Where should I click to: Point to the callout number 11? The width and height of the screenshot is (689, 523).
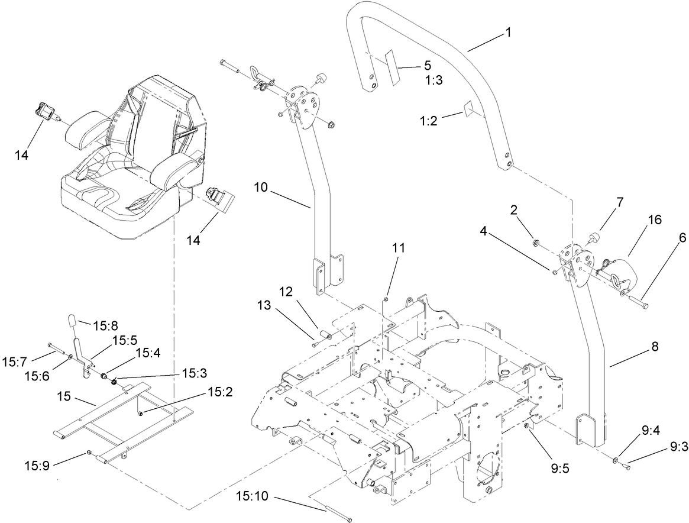[x=399, y=248]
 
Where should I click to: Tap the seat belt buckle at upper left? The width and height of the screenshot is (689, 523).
[x=48, y=111]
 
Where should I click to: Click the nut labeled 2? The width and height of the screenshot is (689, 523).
[x=536, y=242]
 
